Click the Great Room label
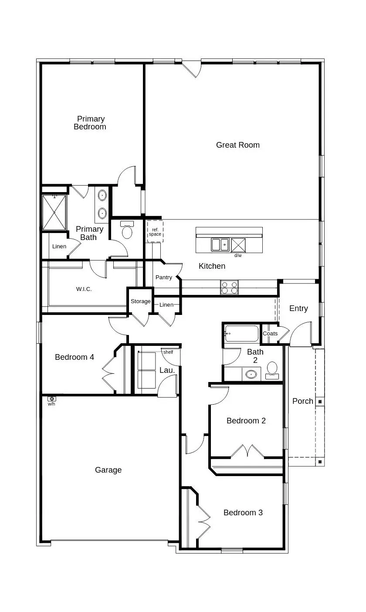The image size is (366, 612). (238, 145)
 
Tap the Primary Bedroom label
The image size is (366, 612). (90, 123)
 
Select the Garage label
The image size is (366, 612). (108, 470)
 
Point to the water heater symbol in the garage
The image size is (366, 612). (52, 399)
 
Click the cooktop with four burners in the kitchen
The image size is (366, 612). (229, 287)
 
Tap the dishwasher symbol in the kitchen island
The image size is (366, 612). (238, 245)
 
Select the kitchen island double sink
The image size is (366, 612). (220, 245)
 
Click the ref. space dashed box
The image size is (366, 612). (155, 231)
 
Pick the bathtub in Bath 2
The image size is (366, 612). (241, 333)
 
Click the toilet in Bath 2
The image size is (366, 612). (272, 371)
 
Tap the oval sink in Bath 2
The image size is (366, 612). (251, 374)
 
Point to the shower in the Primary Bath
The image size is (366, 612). (54, 213)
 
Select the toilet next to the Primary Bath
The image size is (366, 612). (127, 230)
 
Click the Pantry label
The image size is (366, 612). (164, 277)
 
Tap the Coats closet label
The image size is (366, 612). (270, 334)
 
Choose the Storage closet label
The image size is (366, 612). (140, 301)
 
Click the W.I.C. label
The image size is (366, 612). (84, 289)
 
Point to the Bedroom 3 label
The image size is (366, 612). (243, 513)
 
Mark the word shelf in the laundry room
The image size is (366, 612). (168, 352)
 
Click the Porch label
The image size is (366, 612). (302, 401)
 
